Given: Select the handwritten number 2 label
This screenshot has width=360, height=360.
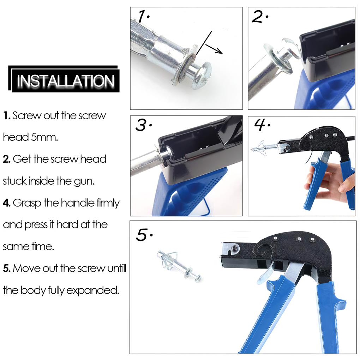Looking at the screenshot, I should (259, 17).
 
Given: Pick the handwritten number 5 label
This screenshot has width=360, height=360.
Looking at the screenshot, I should (143, 235).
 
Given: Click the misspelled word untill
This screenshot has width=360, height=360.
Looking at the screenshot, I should (116, 269).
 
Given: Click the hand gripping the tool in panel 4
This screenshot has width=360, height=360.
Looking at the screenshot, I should (328, 184).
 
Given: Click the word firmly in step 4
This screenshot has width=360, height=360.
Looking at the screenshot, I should (108, 203).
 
